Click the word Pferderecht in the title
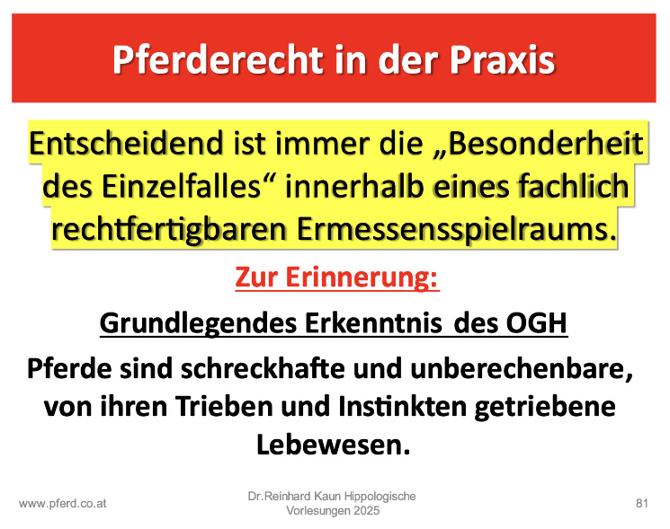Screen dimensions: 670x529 pyautogui.click(x=218, y=60)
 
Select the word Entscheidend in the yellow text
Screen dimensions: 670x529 pyautogui.click(x=126, y=143)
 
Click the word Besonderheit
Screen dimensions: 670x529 pyautogui.click(x=546, y=143)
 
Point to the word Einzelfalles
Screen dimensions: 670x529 pyautogui.click(x=181, y=187)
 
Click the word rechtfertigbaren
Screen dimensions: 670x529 pyautogui.click(x=169, y=231)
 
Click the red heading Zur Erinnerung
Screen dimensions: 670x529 pyautogui.click(x=337, y=278)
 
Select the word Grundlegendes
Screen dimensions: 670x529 pyautogui.click(x=198, y=324)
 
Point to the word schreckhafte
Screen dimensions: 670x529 pyautogui.click(x=263, y=368)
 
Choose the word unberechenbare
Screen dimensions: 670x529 pyautogui.click(x=522, y=369)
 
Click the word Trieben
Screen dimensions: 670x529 pyautogui.click(x=224, y=406)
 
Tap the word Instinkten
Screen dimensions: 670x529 pyautogui.click(x=402, y=406)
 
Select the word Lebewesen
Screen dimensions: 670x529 pyautogui.click(x=334, y=445)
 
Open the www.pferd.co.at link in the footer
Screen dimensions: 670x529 pyautogui.click(x=63, y=504)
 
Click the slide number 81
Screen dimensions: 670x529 pyautogui.click(x=642, y=503)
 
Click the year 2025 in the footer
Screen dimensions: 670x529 pyautogui.click(x=366, y=511)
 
